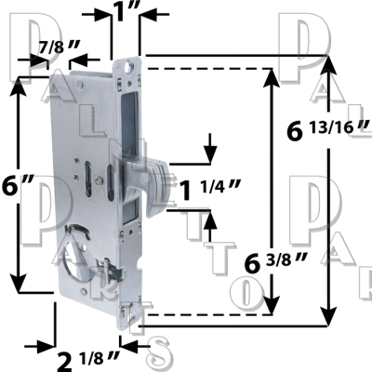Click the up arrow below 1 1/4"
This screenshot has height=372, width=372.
(x=210, y=219)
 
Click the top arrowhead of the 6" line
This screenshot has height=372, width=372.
(x=19, y=83)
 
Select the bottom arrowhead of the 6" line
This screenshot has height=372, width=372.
(x=19, y=285)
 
